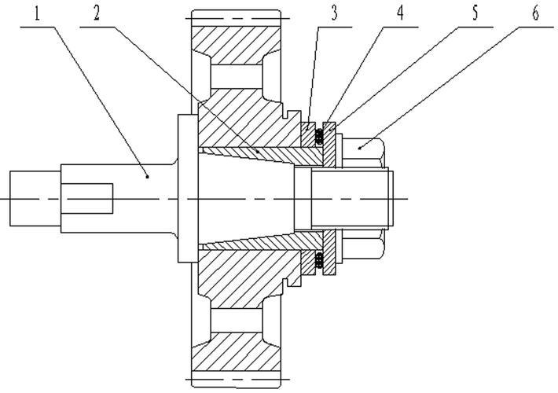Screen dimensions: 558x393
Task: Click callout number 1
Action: [x=37, y=14]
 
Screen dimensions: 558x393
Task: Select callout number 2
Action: [x=97, y=14]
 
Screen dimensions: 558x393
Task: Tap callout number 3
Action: [x=333, y=14]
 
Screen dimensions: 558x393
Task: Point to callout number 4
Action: [x=400, y=14]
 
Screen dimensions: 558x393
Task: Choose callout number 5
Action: [x=475, y=14]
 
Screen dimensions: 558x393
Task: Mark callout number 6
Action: [x=535, y=14]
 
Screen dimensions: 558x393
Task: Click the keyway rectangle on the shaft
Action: [x=86, y=199]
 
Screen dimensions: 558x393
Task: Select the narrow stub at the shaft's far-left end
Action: [x=35, y=198]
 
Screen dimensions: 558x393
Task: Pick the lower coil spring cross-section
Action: [x=319, y=260]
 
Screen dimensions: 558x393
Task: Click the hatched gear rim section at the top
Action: [x=236, y=46]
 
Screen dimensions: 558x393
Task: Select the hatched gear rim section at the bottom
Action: [x=236, y=351]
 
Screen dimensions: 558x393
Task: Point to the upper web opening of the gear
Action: [x=237, y=77]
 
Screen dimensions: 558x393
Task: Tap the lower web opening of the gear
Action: [x=237, y=320]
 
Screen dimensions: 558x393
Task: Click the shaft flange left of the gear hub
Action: [x=188, y=189]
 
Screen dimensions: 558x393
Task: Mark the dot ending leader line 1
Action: [x=147, y=176]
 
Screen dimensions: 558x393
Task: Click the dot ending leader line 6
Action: [x=359, y=147]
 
